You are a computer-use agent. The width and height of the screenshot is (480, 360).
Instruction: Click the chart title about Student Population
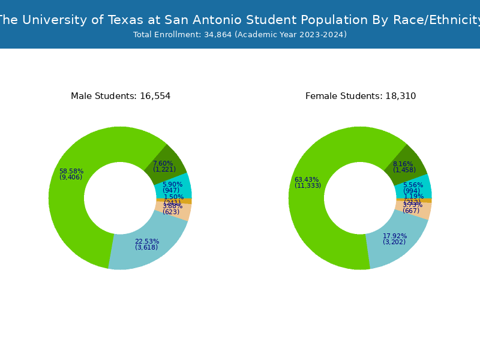pos(240,20)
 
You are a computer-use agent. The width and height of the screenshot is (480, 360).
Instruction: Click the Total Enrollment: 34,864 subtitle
pos(240,35)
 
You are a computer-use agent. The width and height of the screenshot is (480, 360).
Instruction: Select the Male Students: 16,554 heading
pos(121,96)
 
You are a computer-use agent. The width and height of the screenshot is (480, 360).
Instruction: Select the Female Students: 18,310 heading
pos(361,96)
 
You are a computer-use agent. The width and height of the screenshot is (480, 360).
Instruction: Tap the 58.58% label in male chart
pos(71,172)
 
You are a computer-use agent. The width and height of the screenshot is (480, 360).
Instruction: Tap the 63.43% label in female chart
pos(307,180)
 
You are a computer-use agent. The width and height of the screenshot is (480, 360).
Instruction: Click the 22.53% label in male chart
pos(146,242)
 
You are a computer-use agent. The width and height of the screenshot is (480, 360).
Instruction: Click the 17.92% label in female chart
pos(394,236)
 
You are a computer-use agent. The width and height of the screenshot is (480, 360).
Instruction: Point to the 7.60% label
pos(163,163)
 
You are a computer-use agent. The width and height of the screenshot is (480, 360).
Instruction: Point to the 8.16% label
pos(403,164)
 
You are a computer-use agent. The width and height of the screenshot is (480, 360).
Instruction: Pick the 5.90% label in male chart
pos(172,185)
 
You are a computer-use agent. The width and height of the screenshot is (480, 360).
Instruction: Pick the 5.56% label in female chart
pos(413,185)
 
